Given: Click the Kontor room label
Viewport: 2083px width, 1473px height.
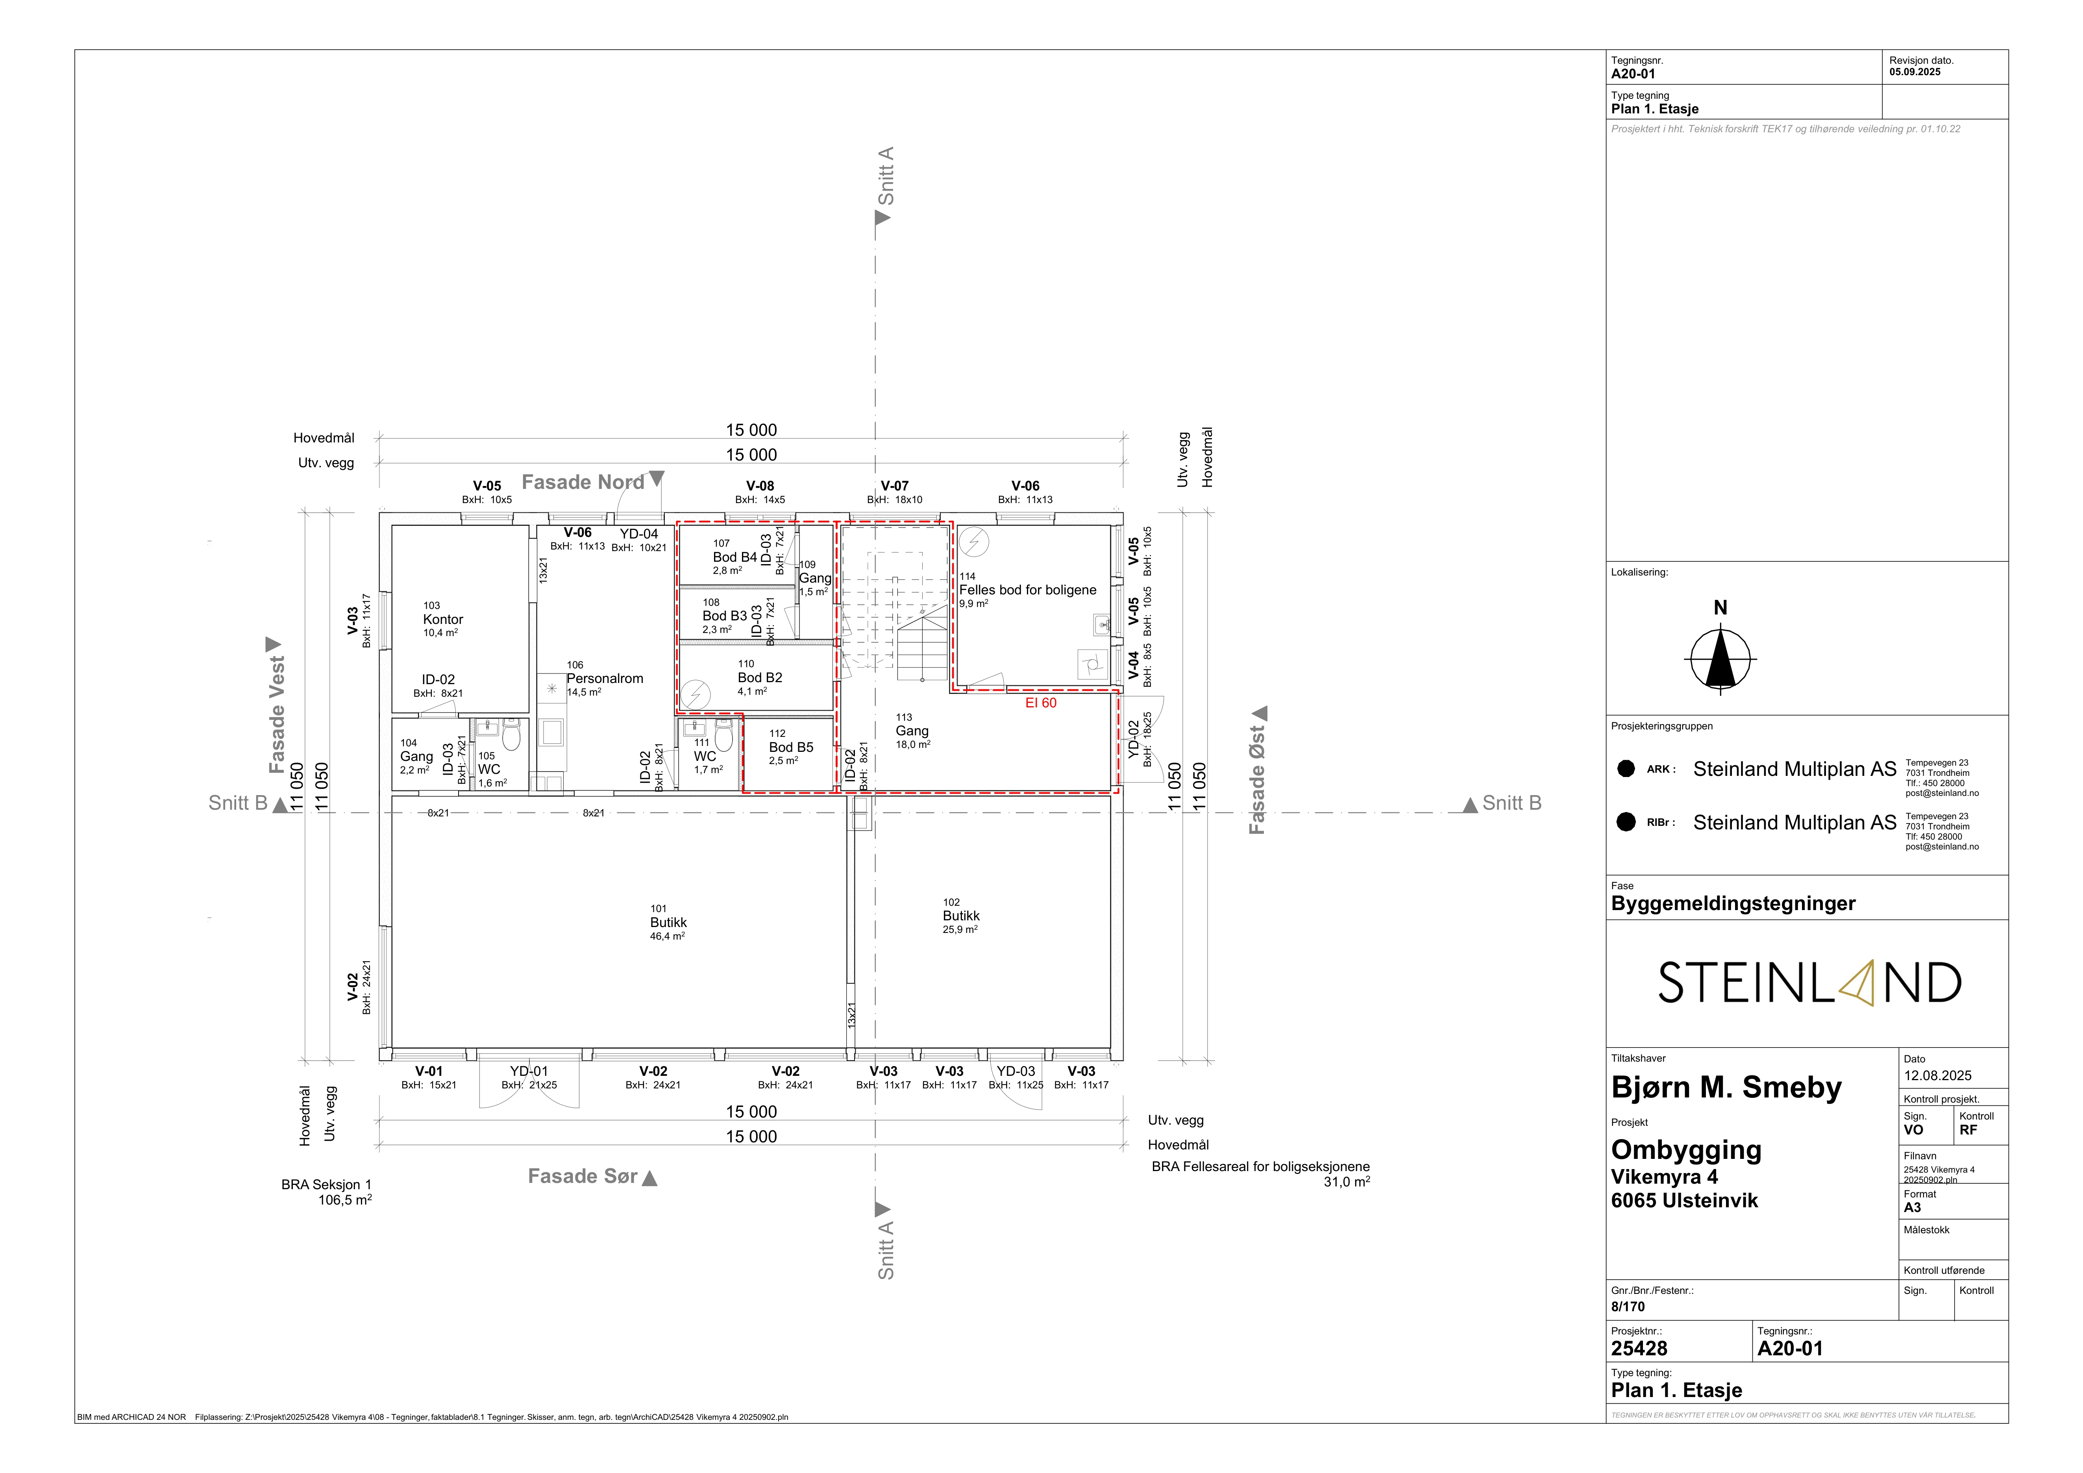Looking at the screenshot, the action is pos(443,620).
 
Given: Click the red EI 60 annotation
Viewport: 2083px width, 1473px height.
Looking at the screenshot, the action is pos(1041,703).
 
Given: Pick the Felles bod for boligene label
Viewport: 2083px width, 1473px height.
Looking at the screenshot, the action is pos(1028,590).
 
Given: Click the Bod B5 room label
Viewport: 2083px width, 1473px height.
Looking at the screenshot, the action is pos(791,748).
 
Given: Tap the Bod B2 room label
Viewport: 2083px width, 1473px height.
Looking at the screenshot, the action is pos(760,677).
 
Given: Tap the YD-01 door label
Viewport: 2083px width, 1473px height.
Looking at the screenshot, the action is pos(529,1071).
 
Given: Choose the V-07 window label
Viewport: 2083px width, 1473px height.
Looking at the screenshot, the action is pos(895,486).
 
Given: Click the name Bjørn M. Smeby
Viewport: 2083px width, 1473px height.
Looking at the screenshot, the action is pos(1726,1088).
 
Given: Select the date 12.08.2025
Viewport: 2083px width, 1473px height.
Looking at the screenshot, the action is pos(1938,1076).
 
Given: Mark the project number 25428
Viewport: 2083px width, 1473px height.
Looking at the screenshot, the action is pos(1639,1349).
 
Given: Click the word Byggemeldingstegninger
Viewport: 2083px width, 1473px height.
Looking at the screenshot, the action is pos(1734,903).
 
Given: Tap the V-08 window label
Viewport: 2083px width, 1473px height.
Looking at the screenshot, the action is pos(760,486).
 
